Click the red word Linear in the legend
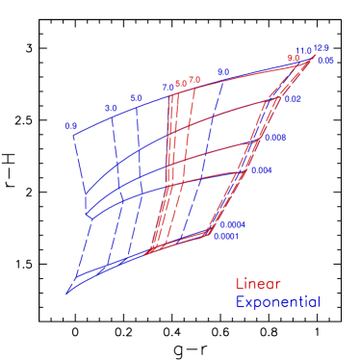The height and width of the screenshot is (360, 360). [x=258, y=284]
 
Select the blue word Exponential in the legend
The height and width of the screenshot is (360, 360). [x=277, y=301]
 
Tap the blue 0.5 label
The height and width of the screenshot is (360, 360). [x=70, y=126]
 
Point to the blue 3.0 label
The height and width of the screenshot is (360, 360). [x=111, y=108]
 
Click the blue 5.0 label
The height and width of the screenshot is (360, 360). [x=136, y=98]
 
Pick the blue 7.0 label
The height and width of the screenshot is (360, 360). [x=167, y=88]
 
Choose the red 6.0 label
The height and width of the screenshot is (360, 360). [x=180, y=84]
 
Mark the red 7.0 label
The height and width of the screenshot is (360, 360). [x=193, y=80]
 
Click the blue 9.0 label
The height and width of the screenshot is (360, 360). [x=223, y=72]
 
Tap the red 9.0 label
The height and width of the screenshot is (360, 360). [x=293, y=58]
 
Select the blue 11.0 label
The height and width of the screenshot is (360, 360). [x=304, y=51]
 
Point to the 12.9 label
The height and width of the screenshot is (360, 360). [x=321, y=47]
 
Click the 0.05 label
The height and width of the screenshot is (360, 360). [x=325, y=61]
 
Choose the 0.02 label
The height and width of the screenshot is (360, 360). [x=294, y=99]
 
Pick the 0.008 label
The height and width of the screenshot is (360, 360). [x=275, y=138]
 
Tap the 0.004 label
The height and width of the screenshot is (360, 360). [x=261, y=170]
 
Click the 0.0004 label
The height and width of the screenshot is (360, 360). [x=232, y=224]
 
